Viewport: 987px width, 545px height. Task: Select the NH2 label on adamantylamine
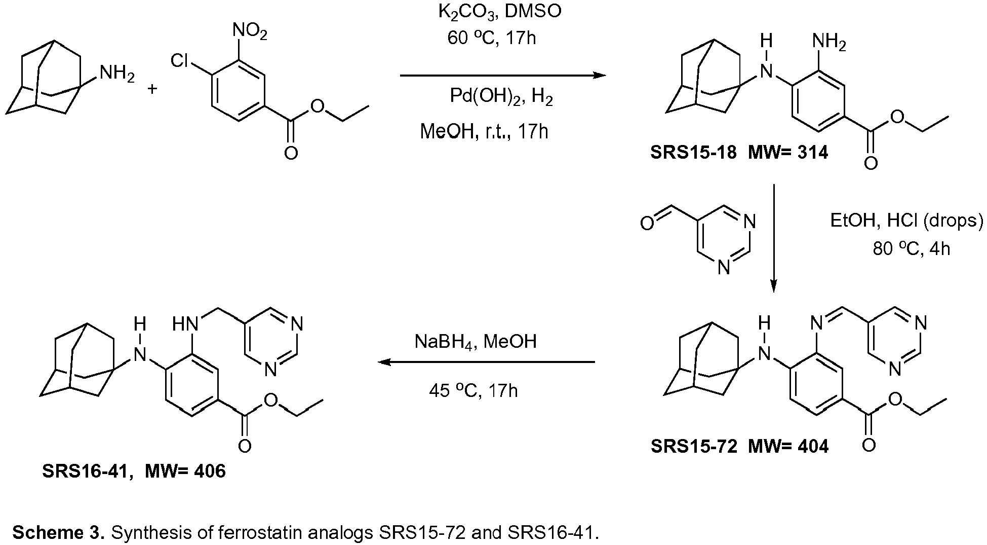[117, 74]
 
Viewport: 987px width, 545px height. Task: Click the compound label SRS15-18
[694, 152]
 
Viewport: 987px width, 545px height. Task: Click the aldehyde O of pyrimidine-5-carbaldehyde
[647, 223]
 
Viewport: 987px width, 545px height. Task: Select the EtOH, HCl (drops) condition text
[906, 221]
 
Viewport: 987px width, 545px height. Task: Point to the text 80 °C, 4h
[912, 249]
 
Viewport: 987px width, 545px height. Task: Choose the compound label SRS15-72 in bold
[694, 446]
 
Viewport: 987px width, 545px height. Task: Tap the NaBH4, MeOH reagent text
[476, 342]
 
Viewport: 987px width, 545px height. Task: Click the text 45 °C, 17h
[473, 391]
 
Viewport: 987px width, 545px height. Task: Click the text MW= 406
[185, 471]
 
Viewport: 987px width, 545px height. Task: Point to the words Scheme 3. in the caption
[59, 533]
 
